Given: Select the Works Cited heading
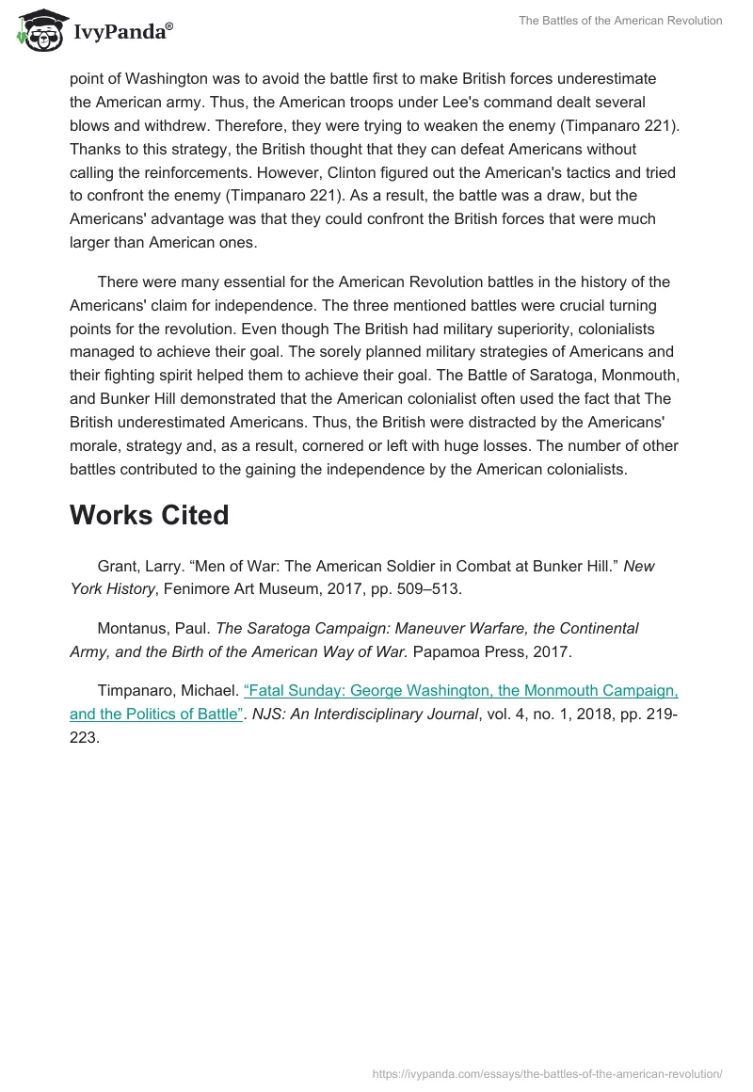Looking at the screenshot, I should [x=149, y=515].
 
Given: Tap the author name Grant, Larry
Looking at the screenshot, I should [x=138, y=566].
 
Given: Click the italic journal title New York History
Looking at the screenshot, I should [x=113, y=588].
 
